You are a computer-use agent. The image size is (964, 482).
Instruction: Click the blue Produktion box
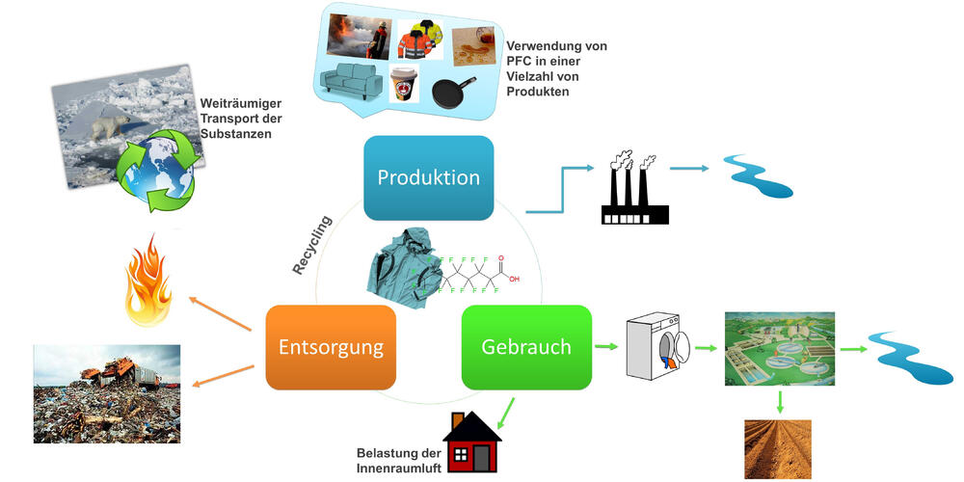(428, 178)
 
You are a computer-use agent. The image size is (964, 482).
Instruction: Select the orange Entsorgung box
(331, 347)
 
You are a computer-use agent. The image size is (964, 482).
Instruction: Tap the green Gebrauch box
(526, 347)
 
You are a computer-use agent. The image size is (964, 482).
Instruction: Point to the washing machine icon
(658, 347)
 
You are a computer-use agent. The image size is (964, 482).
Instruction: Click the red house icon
(471, 441)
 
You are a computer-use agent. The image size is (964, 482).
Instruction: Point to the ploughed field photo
(778, 448)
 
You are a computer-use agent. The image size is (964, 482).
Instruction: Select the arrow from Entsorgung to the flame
(222, 316)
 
